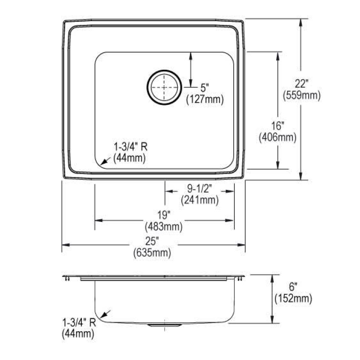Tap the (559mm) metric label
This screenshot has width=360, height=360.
[301, 95]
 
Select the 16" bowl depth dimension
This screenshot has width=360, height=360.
[278, 126]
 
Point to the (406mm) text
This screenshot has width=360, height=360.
[278, 137]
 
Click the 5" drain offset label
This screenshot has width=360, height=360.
[205, 88]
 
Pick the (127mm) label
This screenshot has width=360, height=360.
[205, 99]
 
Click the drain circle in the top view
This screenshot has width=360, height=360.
[164, 87]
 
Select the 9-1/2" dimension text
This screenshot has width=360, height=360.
[199, 189]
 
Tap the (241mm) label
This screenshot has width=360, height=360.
[199, 200]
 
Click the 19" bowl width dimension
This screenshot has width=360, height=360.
[164, 215]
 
